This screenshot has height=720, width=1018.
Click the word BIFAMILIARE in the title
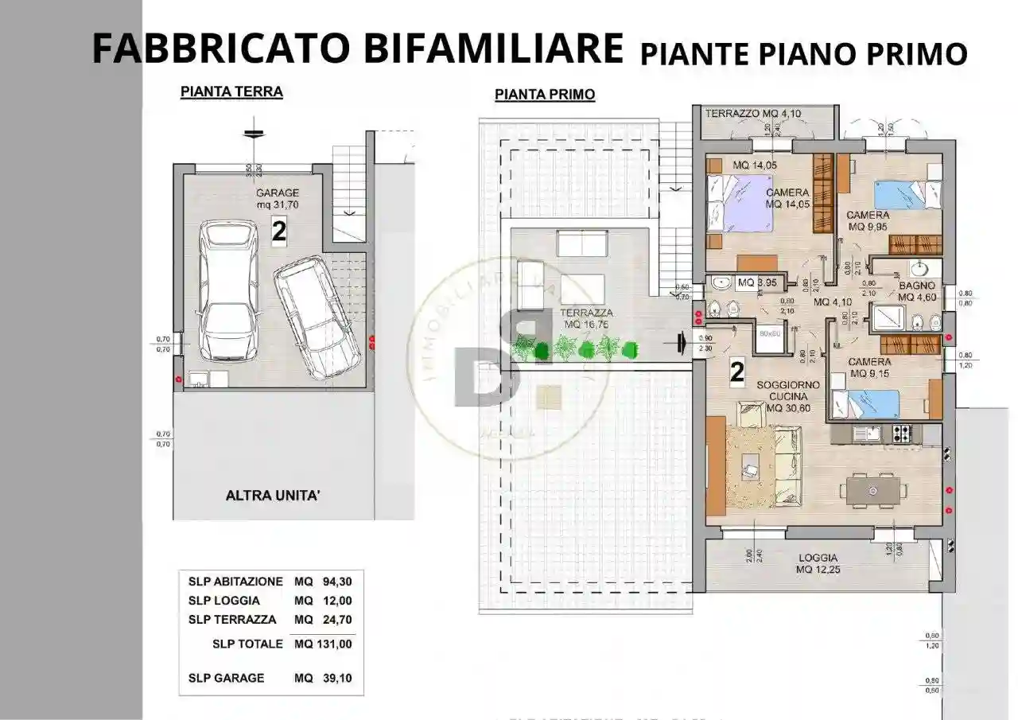point(493,49)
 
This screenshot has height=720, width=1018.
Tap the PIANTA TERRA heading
point(231,91)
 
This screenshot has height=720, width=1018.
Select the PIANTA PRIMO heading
point(545,95)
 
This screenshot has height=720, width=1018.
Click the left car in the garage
point(229,290)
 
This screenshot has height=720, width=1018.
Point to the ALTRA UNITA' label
point(273,496)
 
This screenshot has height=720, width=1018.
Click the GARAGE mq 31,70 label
point(277,199)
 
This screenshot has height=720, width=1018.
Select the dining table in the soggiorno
point(874,488)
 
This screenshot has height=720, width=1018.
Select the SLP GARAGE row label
point(227,678)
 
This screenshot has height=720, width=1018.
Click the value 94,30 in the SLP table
point(336,582)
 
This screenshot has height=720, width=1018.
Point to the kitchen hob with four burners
point(902,434)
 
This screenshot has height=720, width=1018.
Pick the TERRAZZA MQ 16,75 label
point(585,319)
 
